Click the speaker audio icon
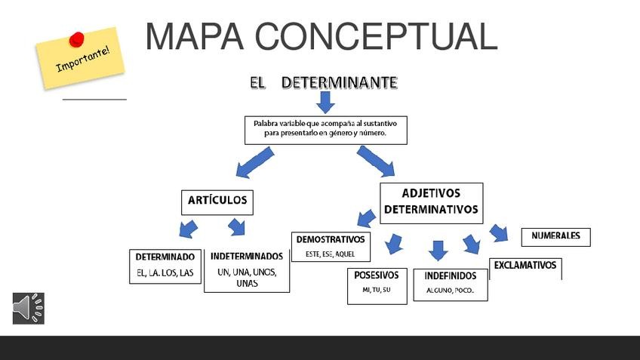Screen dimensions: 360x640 28,308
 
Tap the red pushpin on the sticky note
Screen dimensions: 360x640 76,38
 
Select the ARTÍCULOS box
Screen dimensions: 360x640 217,201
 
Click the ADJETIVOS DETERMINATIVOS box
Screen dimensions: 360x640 430,202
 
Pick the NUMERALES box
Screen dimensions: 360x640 555,236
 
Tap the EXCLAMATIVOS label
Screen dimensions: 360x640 525,266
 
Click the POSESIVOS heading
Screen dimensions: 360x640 376,275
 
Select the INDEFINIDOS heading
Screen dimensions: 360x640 450,276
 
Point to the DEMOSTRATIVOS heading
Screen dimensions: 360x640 330,239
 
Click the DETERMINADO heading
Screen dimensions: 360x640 165,257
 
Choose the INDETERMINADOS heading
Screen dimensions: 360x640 247,257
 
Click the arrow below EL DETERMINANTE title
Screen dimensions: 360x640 325,102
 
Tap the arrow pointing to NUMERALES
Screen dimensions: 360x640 499,232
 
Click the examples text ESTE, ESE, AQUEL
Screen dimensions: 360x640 330,254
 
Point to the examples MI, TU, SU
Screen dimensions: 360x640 376,290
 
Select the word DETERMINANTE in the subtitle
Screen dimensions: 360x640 339,82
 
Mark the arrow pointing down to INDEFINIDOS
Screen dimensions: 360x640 438,250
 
